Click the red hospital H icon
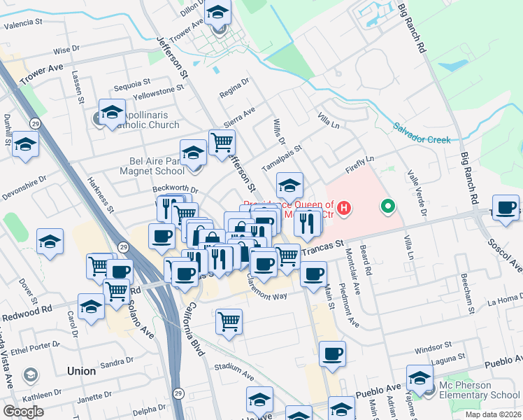(344, 208)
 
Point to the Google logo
(23, 412)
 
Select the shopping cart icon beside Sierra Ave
(222, 141)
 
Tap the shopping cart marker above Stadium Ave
(229, 322)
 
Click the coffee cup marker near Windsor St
(332, 354)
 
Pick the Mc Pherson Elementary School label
(480, 395)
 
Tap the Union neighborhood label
(81, 371)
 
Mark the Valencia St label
(24, 25)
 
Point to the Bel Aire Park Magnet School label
(146, 165)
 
